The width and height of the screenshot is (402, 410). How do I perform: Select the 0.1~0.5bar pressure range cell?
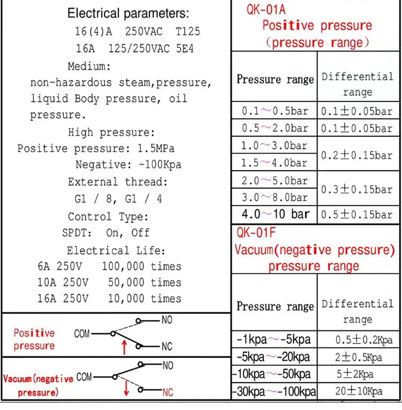pos(274,111)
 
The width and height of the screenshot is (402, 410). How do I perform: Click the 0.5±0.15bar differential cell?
pos(356,215)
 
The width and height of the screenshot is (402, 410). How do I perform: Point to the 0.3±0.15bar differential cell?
pos(356,189)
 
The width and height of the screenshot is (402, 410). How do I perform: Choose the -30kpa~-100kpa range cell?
pos(274,391)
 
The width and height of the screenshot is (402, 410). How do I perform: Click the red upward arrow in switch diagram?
pos(124,346)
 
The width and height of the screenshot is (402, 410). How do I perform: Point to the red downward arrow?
pos(126,387)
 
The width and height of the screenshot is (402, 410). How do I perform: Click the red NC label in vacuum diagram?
pos(168,393)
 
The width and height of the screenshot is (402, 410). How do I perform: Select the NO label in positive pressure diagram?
pos(167,320)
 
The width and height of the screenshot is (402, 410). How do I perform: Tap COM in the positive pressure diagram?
pos(82,334)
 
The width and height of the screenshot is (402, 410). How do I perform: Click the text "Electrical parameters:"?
pos(128,13)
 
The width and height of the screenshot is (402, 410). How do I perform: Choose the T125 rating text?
pos(188,31)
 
